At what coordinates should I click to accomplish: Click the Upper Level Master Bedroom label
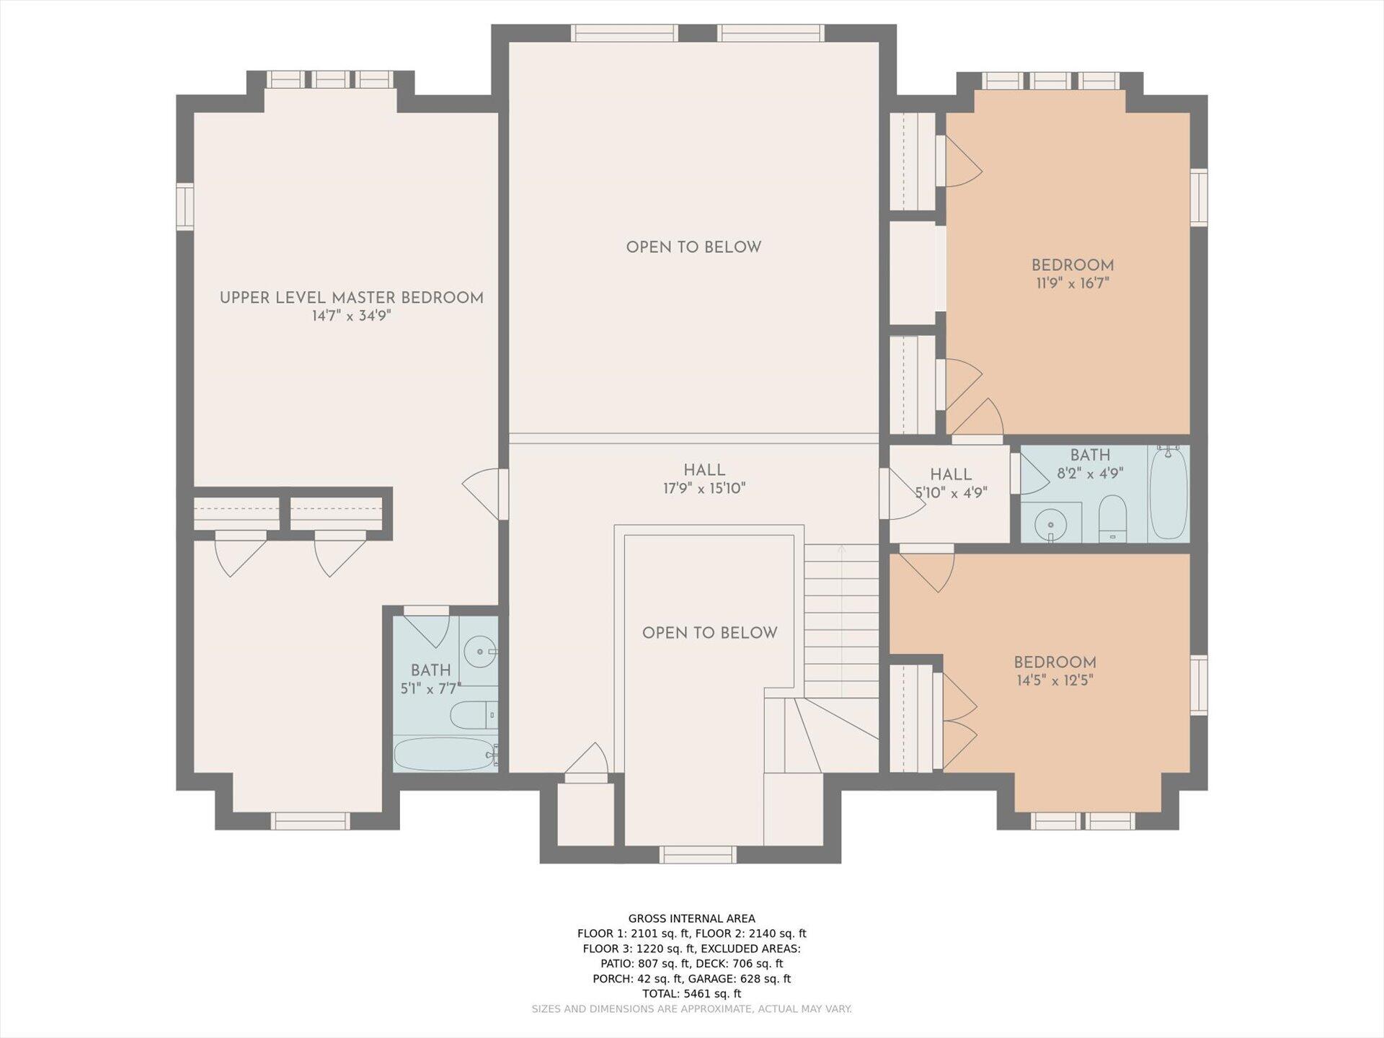click(352, 298)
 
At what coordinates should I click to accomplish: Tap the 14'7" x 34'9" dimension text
click(352, 316)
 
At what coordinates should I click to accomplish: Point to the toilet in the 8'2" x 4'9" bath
click(1113, 518)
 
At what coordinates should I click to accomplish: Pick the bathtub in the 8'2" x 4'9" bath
click(1168, 494)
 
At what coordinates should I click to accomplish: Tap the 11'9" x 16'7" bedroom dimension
click(1073, 283)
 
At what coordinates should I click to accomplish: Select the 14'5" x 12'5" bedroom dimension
click(1055, 680)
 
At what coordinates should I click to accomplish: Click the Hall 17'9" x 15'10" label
click(704, 479)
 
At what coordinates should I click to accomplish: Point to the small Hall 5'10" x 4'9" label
click(951, 484)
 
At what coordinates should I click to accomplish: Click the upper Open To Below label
click(693, 247)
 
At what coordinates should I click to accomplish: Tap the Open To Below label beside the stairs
click(710, 633)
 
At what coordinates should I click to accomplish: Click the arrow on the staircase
click(841, 621)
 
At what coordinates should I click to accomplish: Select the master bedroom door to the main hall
click(486, 494)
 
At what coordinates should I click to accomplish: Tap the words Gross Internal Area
click(692, 918)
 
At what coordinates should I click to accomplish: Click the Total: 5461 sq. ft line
click(692, 993)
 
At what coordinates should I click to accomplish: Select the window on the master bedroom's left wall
click(185, 206)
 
